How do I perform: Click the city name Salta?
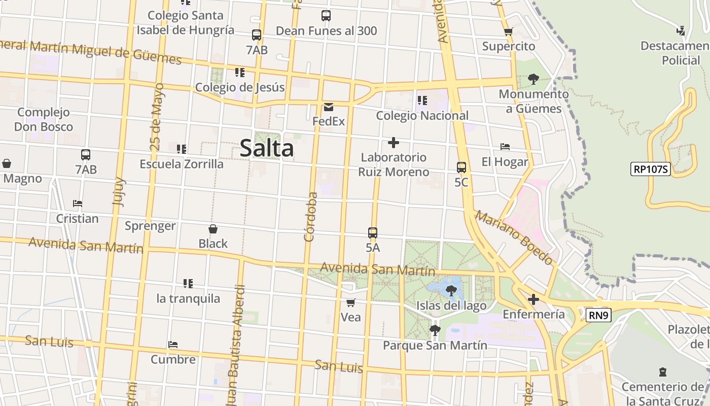tap(267, 148)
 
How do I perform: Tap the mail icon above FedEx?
tap(329, 107)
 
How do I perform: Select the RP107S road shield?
tap(651, 169)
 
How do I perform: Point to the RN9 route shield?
tap(598, 315)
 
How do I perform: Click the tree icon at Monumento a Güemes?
tap(533, 79)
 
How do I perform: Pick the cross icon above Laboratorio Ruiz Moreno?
tap(393, 143)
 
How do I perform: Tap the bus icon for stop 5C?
tap(461, 167)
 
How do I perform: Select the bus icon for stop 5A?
tap(373, 233)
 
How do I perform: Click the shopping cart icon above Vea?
tap(350, 302)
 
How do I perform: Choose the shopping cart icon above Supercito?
tap(509, 31)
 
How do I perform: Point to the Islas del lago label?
tap(451, 306)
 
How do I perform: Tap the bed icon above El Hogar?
tap(505, 147)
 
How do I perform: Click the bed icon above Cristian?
tap(78, 204)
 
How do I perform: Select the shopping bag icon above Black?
tap(213, 229)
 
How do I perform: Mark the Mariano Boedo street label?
tap(514, 238)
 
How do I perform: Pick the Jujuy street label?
tap(118, 191)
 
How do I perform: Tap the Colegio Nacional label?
tap(422, 116)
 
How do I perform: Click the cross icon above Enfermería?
tap(533, 299)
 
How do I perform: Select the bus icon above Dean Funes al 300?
tap(326, 16)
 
